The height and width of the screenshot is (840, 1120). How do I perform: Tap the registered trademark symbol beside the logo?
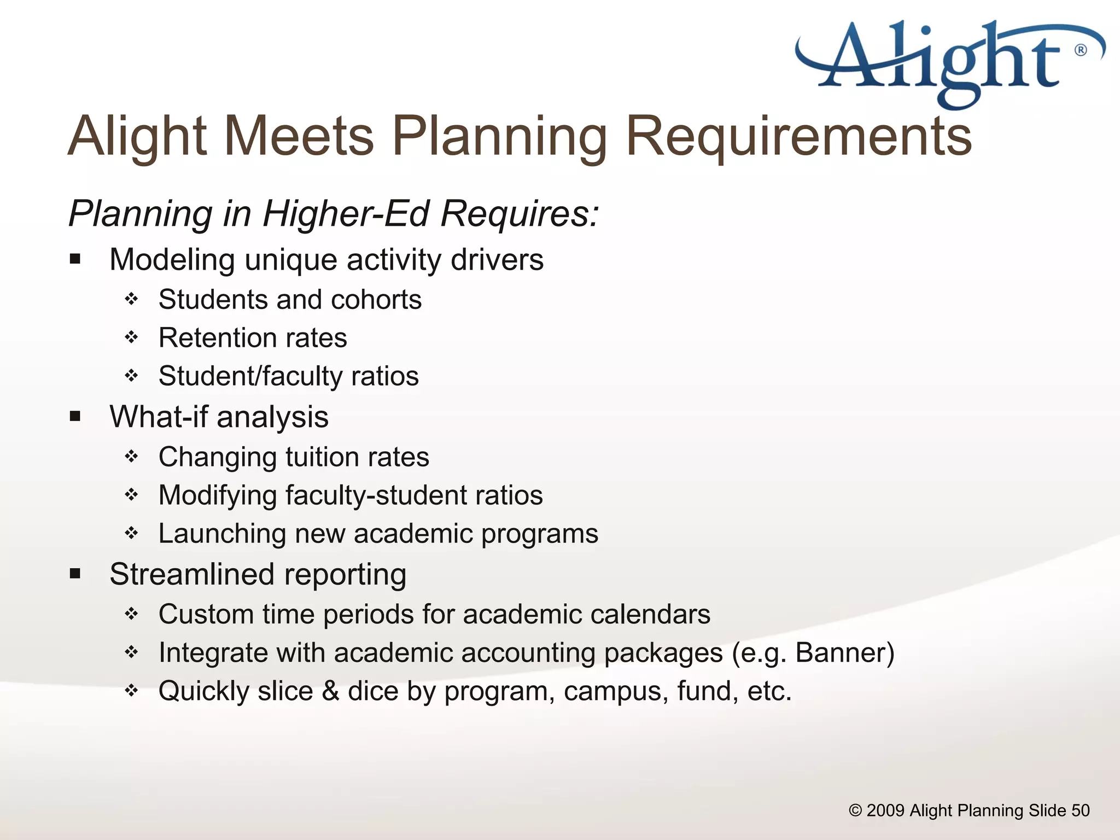[x=1081, y=50]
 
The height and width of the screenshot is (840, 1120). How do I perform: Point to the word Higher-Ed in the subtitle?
[x=346, y=213]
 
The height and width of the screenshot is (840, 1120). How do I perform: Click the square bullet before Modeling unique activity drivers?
[x=75, y=259]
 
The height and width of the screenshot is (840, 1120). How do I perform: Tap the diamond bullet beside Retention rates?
[x=131, y=337]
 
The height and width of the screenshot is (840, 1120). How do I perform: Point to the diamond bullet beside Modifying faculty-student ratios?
[x=131, y=495]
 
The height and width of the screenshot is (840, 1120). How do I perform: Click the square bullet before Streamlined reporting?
[x=75, y=574]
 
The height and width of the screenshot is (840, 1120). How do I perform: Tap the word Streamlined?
[x=192, y=574]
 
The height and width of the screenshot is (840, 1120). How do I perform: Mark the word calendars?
[x=650, y=614]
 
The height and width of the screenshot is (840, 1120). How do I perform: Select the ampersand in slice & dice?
[x=330, y=691]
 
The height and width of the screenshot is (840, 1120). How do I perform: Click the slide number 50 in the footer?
[x=1080, y=810]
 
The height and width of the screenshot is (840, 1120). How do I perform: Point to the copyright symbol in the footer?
[x=855, y=810]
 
